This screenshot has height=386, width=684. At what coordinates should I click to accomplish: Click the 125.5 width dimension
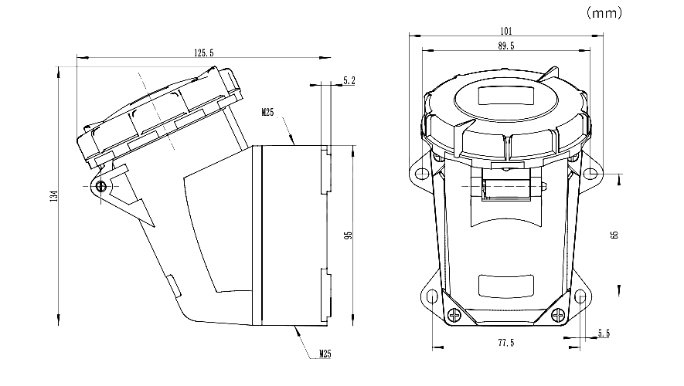(x=204, y=52)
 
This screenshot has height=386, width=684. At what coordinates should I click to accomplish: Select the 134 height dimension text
(x=52, y=196)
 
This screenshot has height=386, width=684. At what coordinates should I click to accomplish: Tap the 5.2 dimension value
(x=349, y=80)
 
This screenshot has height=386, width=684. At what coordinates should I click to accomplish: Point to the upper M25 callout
(x=267, y=113)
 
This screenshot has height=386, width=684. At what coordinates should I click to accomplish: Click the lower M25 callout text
(x=325, y=354)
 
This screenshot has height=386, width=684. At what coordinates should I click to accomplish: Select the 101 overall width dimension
(x=506, y=31)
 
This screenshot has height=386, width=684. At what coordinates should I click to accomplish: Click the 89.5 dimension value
(x=506, y=46)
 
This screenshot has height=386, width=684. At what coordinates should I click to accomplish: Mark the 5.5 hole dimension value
(x=604, y=334)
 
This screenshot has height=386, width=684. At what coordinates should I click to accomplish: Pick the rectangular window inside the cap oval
(x=505, y=96)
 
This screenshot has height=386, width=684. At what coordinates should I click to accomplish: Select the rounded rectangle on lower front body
(x=505, y=286)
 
